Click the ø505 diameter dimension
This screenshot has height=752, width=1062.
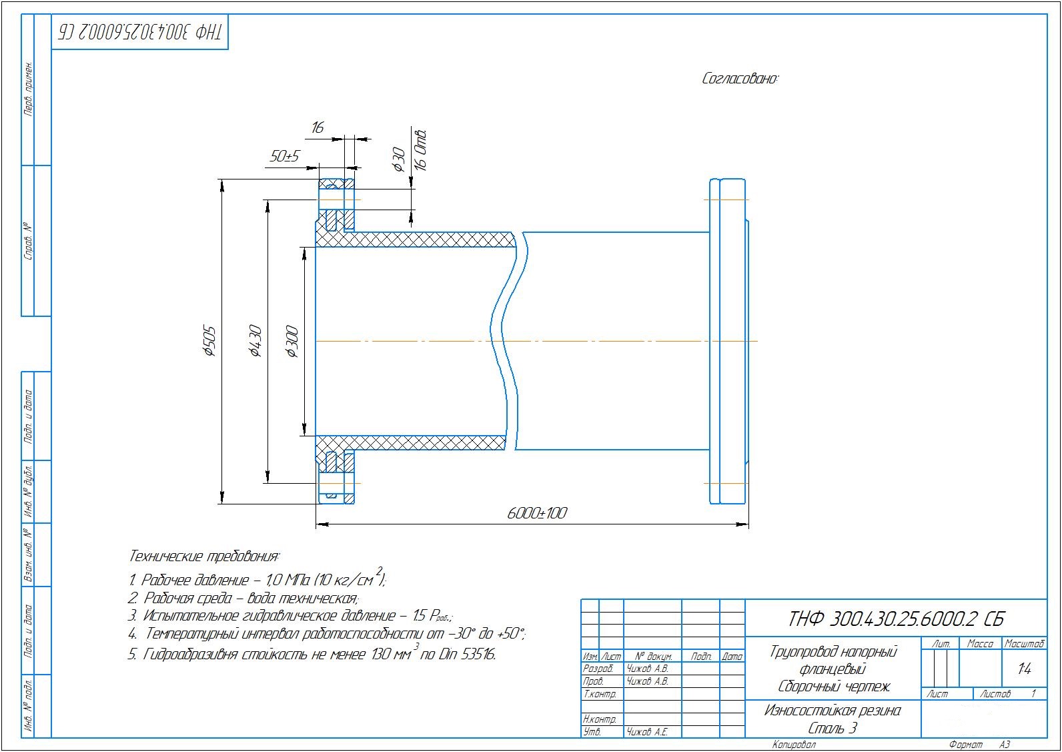pos(209,341)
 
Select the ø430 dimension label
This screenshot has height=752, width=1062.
pos(255,341)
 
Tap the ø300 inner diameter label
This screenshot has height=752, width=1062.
pos(292,342)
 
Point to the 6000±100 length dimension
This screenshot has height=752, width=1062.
pos(537,513)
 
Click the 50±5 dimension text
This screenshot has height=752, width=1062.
pos(284,156)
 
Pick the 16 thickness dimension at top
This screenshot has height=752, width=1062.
pos(317,127)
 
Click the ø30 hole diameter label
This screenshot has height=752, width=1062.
pos(398,159)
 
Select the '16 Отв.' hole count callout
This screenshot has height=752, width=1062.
pos(420,149)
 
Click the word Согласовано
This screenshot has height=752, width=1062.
pos(740,78)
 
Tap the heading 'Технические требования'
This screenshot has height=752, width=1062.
pos(204,556)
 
